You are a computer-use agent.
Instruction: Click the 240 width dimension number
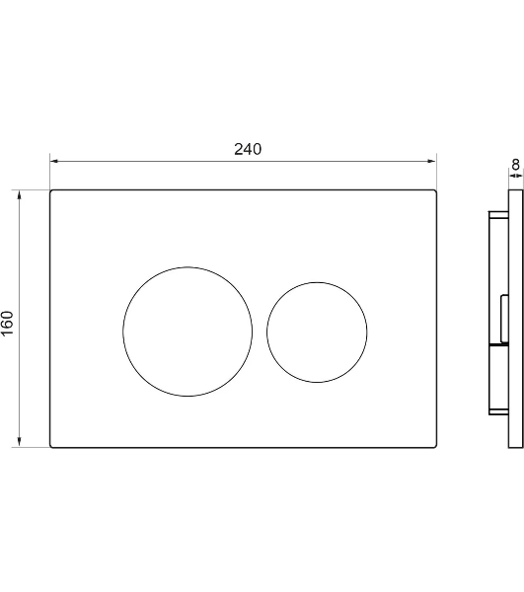[248, 150]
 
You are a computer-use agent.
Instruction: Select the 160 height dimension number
[7, 323]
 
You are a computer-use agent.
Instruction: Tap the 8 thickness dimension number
[516, 165]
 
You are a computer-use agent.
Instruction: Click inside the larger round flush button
[187, 332]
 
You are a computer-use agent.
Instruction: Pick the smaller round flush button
[317, 333]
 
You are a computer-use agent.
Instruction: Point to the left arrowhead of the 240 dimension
[54, 161]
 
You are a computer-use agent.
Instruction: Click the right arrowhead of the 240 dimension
[432, 161]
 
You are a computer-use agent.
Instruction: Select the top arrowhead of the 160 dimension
[20, 194]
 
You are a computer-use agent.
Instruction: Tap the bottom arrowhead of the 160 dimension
[20, 443]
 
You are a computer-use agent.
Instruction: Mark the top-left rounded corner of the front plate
[51, 191]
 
